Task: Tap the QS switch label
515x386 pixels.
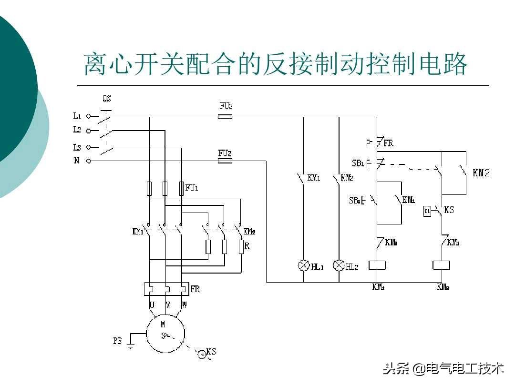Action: tap(106, 99)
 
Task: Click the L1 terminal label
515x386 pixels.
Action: tap(77, 115)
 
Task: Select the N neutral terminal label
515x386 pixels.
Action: tap(76, 161)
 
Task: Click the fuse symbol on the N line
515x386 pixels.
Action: tap(225, 161)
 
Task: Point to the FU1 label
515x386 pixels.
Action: tap(192, 188)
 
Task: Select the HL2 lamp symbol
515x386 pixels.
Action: tap(339, 265)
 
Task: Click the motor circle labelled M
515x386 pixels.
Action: tap(165, 334)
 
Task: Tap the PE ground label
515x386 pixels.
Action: tap(117, 341)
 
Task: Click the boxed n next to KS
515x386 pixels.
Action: tap(427, 211)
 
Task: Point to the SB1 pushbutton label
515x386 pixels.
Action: tap(358, 163)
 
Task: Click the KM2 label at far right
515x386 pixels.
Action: tap(481, 173)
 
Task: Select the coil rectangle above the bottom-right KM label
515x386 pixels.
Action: tap(441, 265)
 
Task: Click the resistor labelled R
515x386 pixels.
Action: tap(241, 247)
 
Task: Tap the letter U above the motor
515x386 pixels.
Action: tap(152, 304)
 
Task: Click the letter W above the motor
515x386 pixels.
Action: tap(184, 304)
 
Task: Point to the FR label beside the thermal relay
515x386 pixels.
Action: tap(195, 289)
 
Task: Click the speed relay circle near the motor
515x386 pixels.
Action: tap(202, 354)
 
